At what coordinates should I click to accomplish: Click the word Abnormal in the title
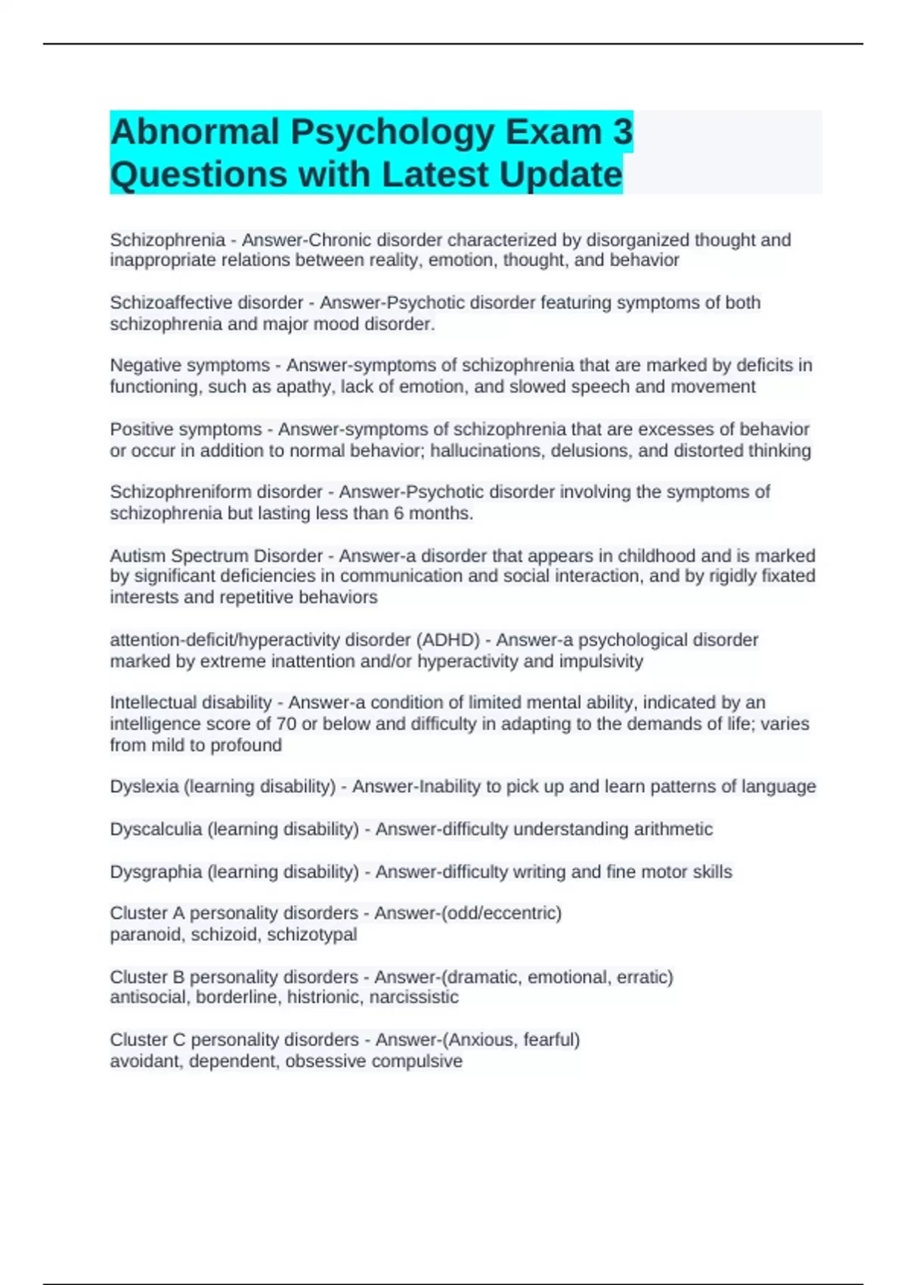[195, 132]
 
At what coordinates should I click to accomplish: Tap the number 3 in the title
[622, 132]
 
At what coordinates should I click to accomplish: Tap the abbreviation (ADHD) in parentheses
[448, 640]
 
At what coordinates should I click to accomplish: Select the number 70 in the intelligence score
[286, 724]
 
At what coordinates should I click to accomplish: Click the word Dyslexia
[144, 787]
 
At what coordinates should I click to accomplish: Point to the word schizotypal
[312, 935]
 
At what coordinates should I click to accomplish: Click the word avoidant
[147, 1061]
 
